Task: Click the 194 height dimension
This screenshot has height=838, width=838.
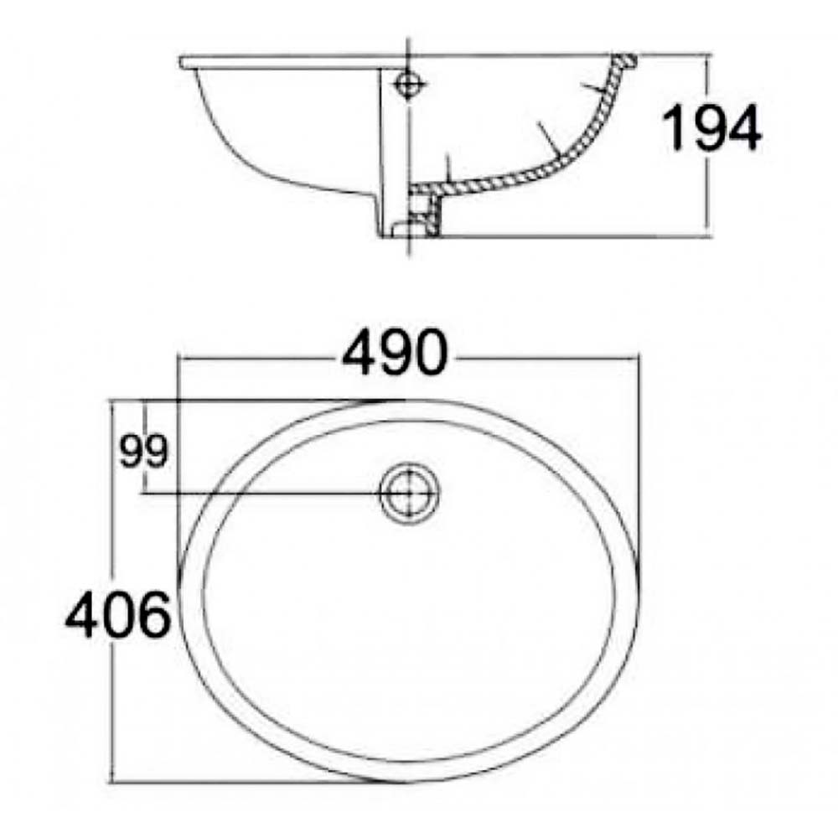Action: coord(711,128)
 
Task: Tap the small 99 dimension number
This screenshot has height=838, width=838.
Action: coord(143,453)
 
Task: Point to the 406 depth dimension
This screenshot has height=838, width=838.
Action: coord(118,617)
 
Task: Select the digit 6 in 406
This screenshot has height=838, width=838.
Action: coord(153,617)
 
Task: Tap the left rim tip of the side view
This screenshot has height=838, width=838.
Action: coord(183,60)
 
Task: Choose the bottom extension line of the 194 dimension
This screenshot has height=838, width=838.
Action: coord(587,235)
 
